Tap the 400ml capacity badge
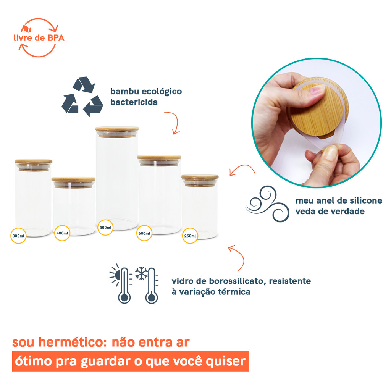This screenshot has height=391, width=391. coord(62,233)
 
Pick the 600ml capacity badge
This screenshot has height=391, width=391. coord(144,233)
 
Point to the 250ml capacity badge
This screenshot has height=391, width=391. coord(190,236)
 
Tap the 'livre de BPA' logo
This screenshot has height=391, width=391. coord(38,38)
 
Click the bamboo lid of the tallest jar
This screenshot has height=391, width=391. coord(117,129)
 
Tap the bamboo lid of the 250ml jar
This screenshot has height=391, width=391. coord(200,177)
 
